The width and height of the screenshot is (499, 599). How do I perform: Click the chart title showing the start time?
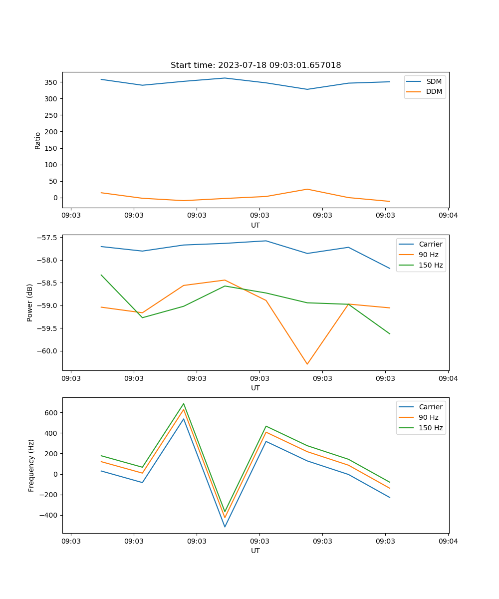[255, 65]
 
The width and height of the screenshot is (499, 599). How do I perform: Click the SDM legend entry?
[434, 81]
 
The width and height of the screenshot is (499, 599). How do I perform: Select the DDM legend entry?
[434, 91]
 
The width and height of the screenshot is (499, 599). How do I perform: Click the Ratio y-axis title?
[37, 140]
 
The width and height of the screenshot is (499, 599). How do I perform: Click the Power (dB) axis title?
[30, 302]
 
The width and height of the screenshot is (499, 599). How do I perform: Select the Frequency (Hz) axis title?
[31, 465]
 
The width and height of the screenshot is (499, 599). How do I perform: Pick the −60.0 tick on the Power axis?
[48, 351]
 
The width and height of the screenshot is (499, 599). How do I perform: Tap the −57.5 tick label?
[48, 238]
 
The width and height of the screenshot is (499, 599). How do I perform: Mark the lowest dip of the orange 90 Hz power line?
[307, 364]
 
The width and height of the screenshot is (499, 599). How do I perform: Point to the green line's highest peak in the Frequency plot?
[184, 403]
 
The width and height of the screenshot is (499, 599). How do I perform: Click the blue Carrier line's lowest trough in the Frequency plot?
[225, 527]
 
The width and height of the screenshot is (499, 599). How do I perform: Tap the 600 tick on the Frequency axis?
[52, 412]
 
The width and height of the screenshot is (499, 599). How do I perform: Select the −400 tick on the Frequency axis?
[50, 515]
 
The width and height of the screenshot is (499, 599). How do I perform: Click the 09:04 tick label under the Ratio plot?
[448, 216]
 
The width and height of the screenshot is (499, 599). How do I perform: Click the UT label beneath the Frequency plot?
[255, 551]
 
